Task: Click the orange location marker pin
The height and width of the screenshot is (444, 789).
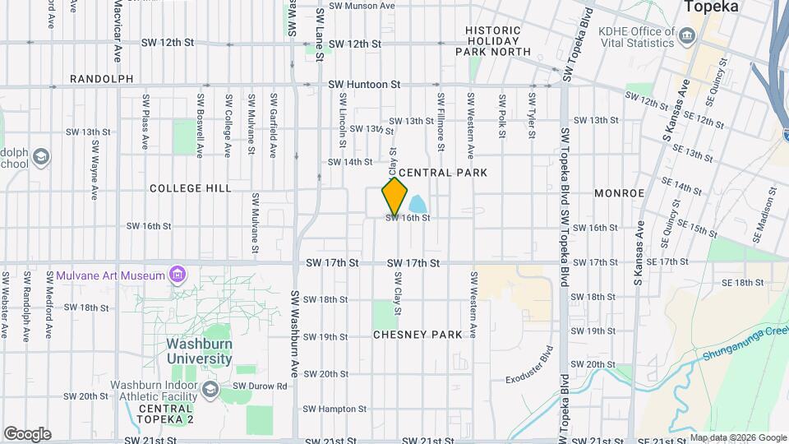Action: tap(394, 197)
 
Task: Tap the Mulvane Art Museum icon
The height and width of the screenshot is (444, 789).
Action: tap(176, 274)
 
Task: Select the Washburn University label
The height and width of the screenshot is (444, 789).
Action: tap(199, 351)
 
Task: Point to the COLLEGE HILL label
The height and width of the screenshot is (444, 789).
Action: tap(191, 188)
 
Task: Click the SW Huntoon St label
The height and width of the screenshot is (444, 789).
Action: tap(364, 84)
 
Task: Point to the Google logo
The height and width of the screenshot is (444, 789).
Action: tap(27, 433)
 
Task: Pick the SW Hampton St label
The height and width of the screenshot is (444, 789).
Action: tap(334, 409)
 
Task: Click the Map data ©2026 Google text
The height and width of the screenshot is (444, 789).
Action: tap(737, 437)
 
